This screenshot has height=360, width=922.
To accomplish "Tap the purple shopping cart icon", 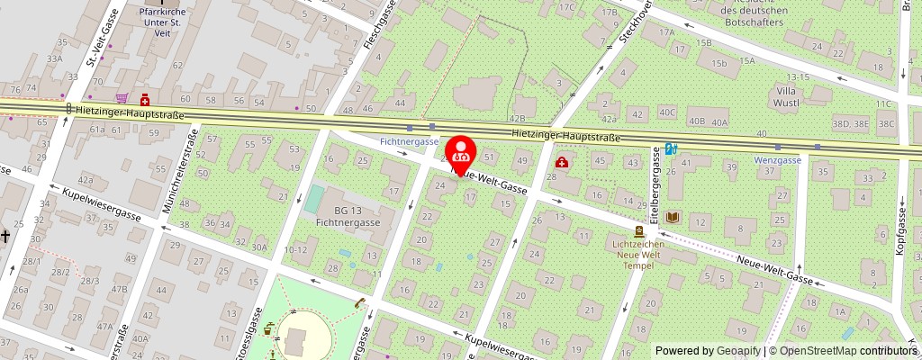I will click(x=122, y=98).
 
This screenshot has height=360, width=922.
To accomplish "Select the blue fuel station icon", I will click(x=672, y=149).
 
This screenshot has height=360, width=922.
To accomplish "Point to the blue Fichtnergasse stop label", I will click(x=409, y=141).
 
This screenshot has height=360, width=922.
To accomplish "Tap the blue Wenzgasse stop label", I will click(x=777, y=160).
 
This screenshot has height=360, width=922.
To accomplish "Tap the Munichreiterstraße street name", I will click(x=179, y=171).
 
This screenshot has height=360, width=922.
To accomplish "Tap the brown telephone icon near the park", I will click(x=359, y=304).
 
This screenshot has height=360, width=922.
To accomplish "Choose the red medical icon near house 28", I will click(x=562, y=162).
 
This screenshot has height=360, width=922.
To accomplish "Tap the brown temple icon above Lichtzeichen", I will click(x=638, y=231).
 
